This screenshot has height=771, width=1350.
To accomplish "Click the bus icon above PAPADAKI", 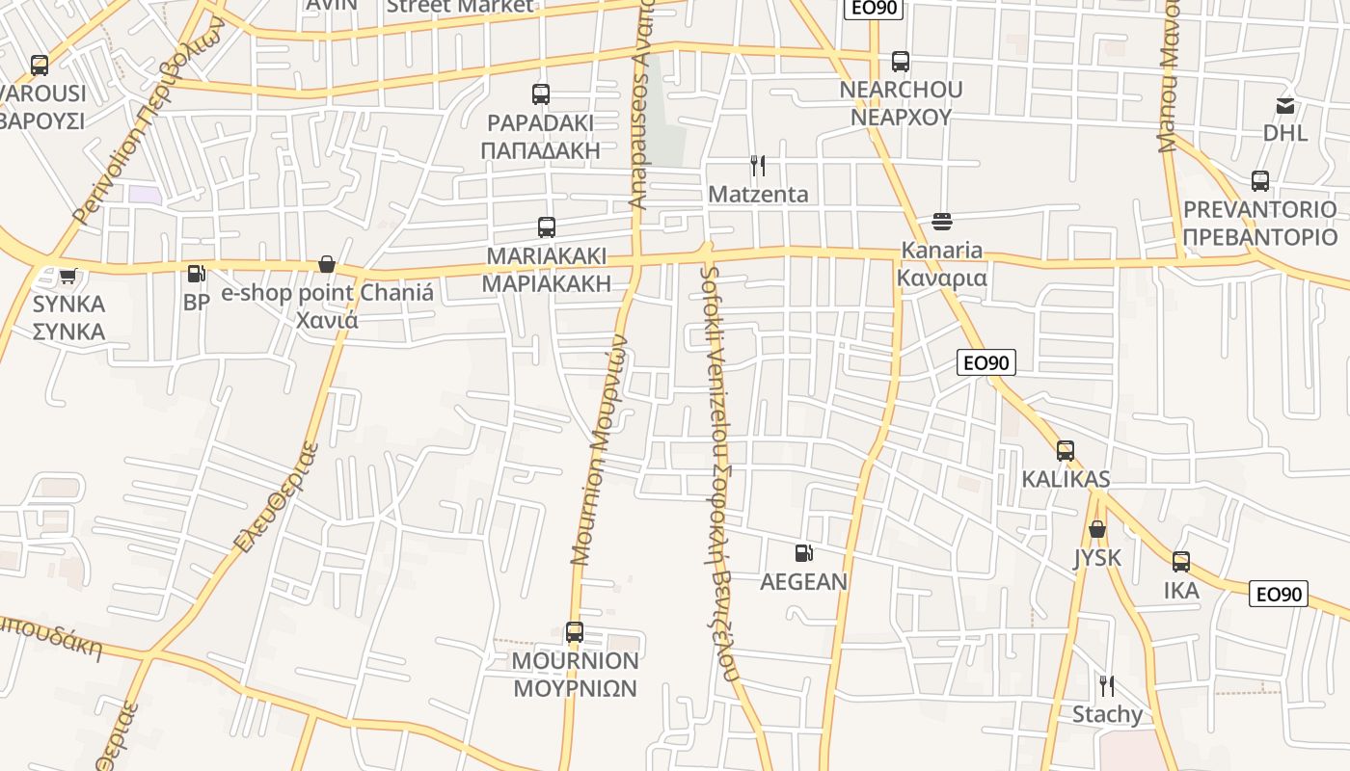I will coord(541,94).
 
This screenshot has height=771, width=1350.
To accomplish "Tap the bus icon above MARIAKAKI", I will coord(547,227).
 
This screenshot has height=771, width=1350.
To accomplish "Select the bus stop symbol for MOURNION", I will coord(575,632).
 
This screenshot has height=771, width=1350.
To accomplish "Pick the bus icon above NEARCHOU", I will coord(901,62).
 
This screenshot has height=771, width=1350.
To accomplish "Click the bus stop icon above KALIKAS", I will coord(1066,451).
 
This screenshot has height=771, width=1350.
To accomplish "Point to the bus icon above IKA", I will coord(1181,562).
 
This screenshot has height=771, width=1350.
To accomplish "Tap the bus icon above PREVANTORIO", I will coord(1260,181).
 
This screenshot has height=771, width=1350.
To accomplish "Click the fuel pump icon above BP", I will coord(197,275).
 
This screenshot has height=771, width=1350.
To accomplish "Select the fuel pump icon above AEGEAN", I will coord(803,553).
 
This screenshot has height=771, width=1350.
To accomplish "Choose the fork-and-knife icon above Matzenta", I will coord(758,166).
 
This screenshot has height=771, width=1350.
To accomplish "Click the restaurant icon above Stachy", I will coord(1107,686).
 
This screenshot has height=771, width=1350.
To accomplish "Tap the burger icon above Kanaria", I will coord(942,222).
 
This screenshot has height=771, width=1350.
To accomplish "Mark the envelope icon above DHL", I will coord(1285,105).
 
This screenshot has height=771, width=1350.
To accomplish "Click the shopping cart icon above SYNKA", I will coord(67,277).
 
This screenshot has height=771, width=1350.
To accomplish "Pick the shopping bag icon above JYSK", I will coord(1097,529).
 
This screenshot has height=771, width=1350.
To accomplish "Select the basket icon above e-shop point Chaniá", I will coord(327,264).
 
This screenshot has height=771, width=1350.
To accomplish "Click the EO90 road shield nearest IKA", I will coord(1279,594).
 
